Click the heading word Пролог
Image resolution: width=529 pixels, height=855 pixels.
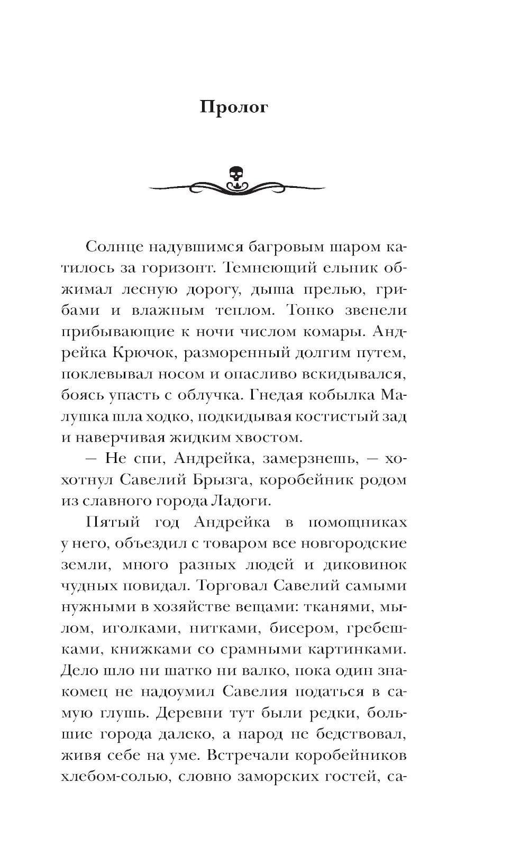pos(234,107)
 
